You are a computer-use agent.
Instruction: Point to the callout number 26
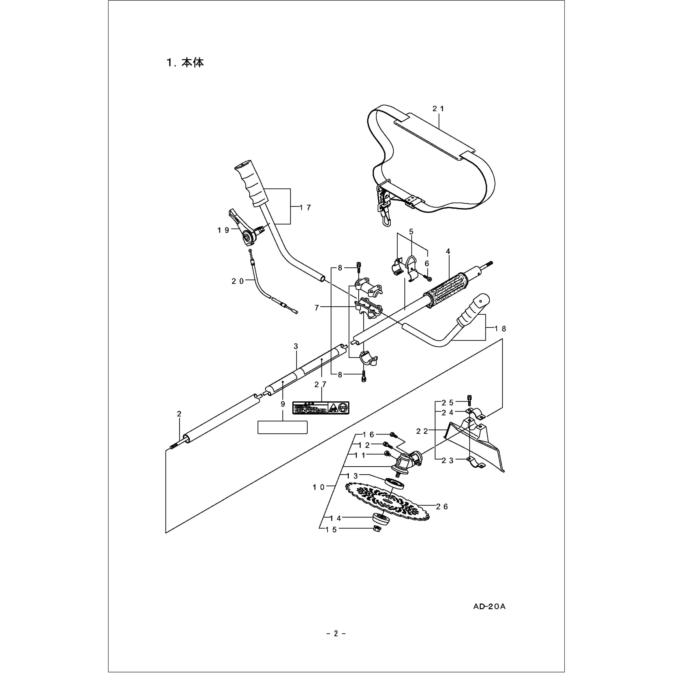pos(442,507)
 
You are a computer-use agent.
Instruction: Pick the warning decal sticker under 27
pos(321,408)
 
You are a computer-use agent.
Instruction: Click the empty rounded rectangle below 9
pos(282,427)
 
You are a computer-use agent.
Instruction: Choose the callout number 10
pos(319,487)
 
